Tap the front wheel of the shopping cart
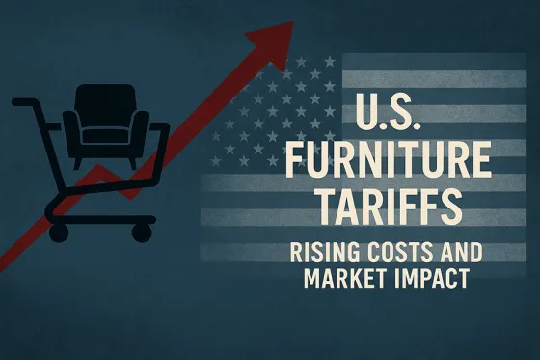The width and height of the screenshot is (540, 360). [x=143, y=232]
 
